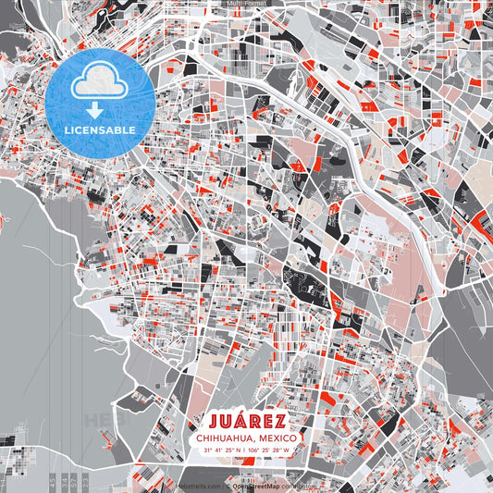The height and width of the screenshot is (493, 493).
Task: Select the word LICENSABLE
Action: coord(99,130)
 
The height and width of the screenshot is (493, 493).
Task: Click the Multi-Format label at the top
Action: coord(246,4)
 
